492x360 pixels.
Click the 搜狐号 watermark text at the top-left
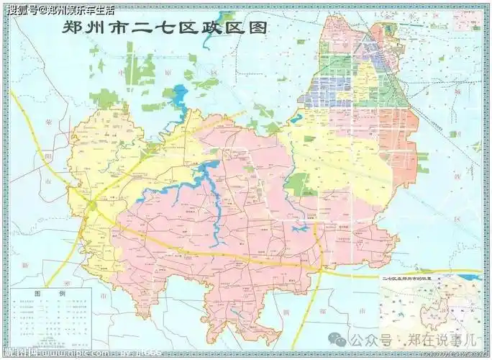(20, 9)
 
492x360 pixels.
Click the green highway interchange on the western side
(92, 206)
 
